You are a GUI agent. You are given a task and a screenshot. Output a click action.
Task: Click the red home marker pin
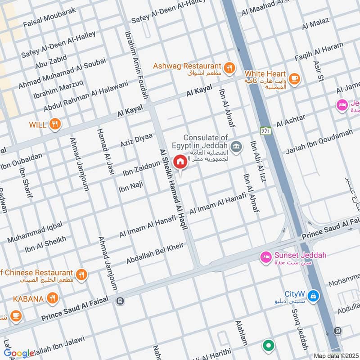pos(180,162)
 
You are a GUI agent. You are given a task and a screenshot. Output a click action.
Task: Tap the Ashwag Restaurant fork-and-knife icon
pos(229,67)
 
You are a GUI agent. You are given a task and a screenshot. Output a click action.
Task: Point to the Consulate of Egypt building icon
pos(235,146)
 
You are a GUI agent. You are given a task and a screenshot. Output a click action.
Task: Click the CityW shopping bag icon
pos(314,296)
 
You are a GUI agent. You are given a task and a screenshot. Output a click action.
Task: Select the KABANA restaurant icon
pos(53,298)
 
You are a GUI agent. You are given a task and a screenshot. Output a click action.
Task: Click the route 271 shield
pos(265,130)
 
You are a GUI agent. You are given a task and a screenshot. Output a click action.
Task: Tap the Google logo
pos(19,353)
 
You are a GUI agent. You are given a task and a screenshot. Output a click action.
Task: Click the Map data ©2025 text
pos(335,355)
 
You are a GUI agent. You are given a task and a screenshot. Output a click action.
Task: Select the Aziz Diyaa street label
pos(136,140)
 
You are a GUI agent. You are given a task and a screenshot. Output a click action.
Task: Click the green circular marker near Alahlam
pos(269,346)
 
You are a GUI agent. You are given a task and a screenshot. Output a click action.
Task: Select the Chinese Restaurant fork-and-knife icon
pos(81,274)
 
